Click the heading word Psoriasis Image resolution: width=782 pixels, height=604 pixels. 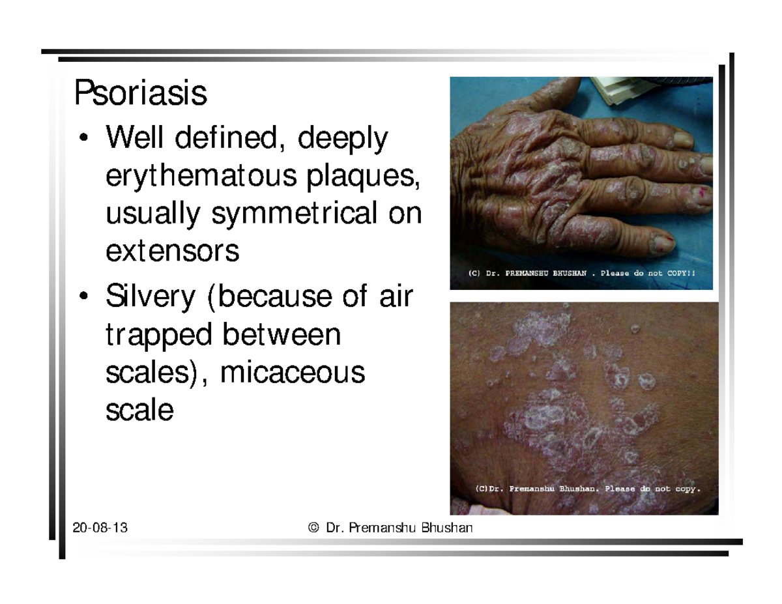(140, 93)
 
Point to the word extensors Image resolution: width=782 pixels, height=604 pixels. (171, 251)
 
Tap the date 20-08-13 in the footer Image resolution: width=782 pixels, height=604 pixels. (100, 528)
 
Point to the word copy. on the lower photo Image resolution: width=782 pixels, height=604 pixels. (686, 488)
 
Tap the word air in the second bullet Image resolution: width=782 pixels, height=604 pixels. (395, 298)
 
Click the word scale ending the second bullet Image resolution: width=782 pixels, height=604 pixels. (139, 410)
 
